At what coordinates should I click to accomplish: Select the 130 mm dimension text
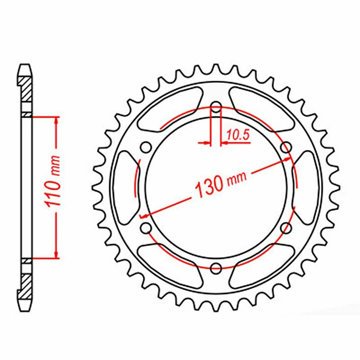click(x=220, y=183)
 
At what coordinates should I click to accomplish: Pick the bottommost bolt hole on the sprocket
click(x=216, y=268)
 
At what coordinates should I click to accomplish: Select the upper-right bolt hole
click(x=286, y=147)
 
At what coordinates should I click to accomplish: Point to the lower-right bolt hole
click(x=286, y=227)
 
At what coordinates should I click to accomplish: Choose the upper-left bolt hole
click(x=145, y=147)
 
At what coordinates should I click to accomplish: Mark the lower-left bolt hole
click(x=145, y=227)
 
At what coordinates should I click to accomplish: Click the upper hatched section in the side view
click(x=26, y=89)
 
